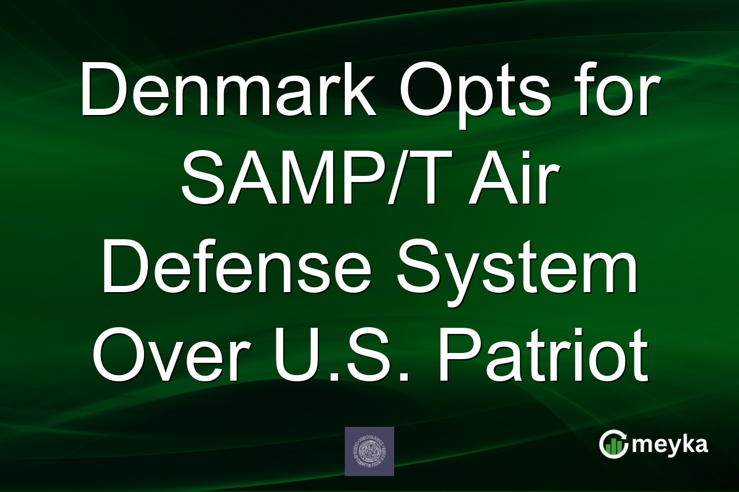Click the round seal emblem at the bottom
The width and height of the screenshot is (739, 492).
[369, 451]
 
